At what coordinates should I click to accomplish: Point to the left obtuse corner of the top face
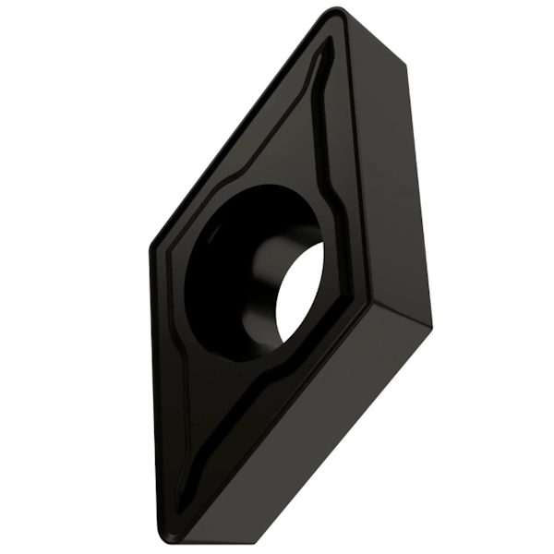click(x=151, y=247)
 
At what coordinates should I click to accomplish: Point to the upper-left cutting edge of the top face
click(x=240, y=129)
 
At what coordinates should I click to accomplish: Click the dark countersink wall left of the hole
click(x=208, y=277)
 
